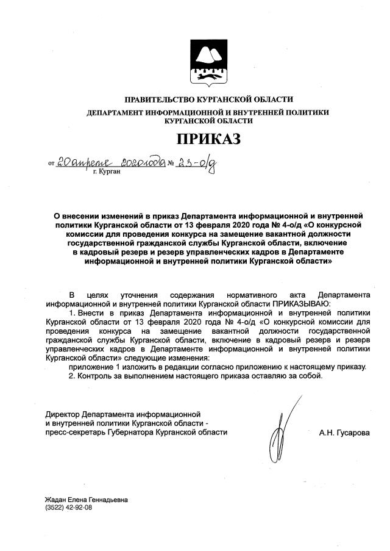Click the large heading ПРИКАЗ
[208, 139]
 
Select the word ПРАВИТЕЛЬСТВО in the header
[159, 99]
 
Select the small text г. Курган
[107, 173]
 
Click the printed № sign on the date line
[171, 164]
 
